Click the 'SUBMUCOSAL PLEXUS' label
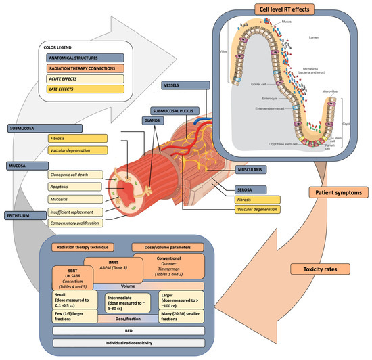tap(179, 110)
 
